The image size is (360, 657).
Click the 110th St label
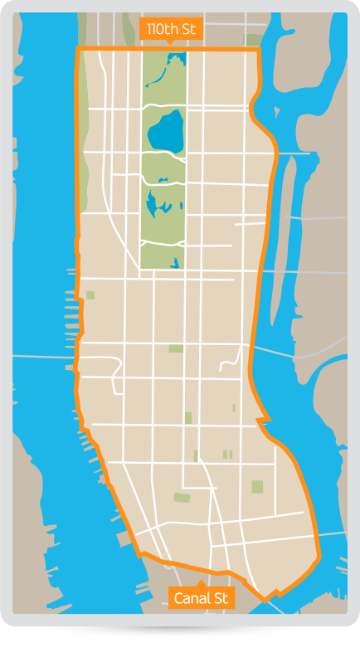170,29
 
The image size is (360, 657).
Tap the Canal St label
201,597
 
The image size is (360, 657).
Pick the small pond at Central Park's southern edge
175,265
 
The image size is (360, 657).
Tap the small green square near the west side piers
90,294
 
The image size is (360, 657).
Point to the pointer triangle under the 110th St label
170,42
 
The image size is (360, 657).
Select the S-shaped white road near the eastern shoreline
232,361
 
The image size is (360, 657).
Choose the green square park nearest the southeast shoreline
257,486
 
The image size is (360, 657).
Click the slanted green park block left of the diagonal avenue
182,498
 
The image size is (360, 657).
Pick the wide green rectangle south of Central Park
176,348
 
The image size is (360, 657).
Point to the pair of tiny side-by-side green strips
227,454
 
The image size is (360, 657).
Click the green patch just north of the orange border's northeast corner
251,39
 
